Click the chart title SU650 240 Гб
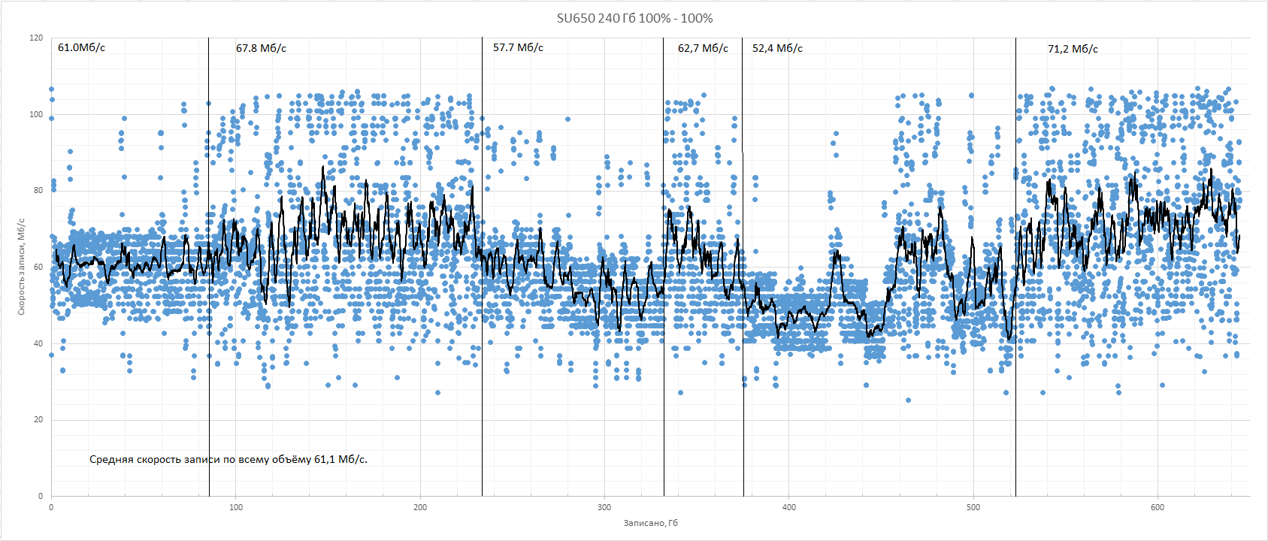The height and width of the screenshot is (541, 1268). [x=634, y=18]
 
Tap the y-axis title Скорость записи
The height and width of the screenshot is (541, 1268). [x=21, y=267]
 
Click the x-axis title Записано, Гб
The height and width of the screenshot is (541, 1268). [x=650, y=522]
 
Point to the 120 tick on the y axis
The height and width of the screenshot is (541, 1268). [x=36, y=38]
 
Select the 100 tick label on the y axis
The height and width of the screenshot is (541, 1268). [x=36, y=115]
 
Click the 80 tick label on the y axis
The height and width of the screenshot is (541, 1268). [x=38, y=191]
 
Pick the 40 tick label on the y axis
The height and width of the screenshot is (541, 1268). [x=38, y=343]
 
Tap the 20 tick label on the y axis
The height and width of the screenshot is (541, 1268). [x=38, y=419]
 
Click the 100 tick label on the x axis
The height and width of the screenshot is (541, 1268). [x=235, y=507]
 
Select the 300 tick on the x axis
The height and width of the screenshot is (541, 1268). [x=604, y=507]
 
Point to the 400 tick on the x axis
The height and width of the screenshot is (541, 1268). [x=788, y=507]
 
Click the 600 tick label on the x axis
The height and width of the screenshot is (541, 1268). [x=1158, y=507]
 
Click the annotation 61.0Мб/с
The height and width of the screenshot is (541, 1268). [x=81, y=47]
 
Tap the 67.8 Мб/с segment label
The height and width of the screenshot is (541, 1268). [x=261, y=48]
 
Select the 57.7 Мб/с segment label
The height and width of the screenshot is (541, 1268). [x=518, y=47]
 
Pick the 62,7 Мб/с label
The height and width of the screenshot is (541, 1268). [x=703, y=48]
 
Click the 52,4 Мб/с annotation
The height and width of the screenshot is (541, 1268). [x=777, y=48]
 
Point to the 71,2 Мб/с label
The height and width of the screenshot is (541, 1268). [x=1073, y=49]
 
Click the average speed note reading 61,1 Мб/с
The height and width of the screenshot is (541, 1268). [x=228, y=459]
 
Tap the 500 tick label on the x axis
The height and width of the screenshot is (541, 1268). [x=973, y=507]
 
